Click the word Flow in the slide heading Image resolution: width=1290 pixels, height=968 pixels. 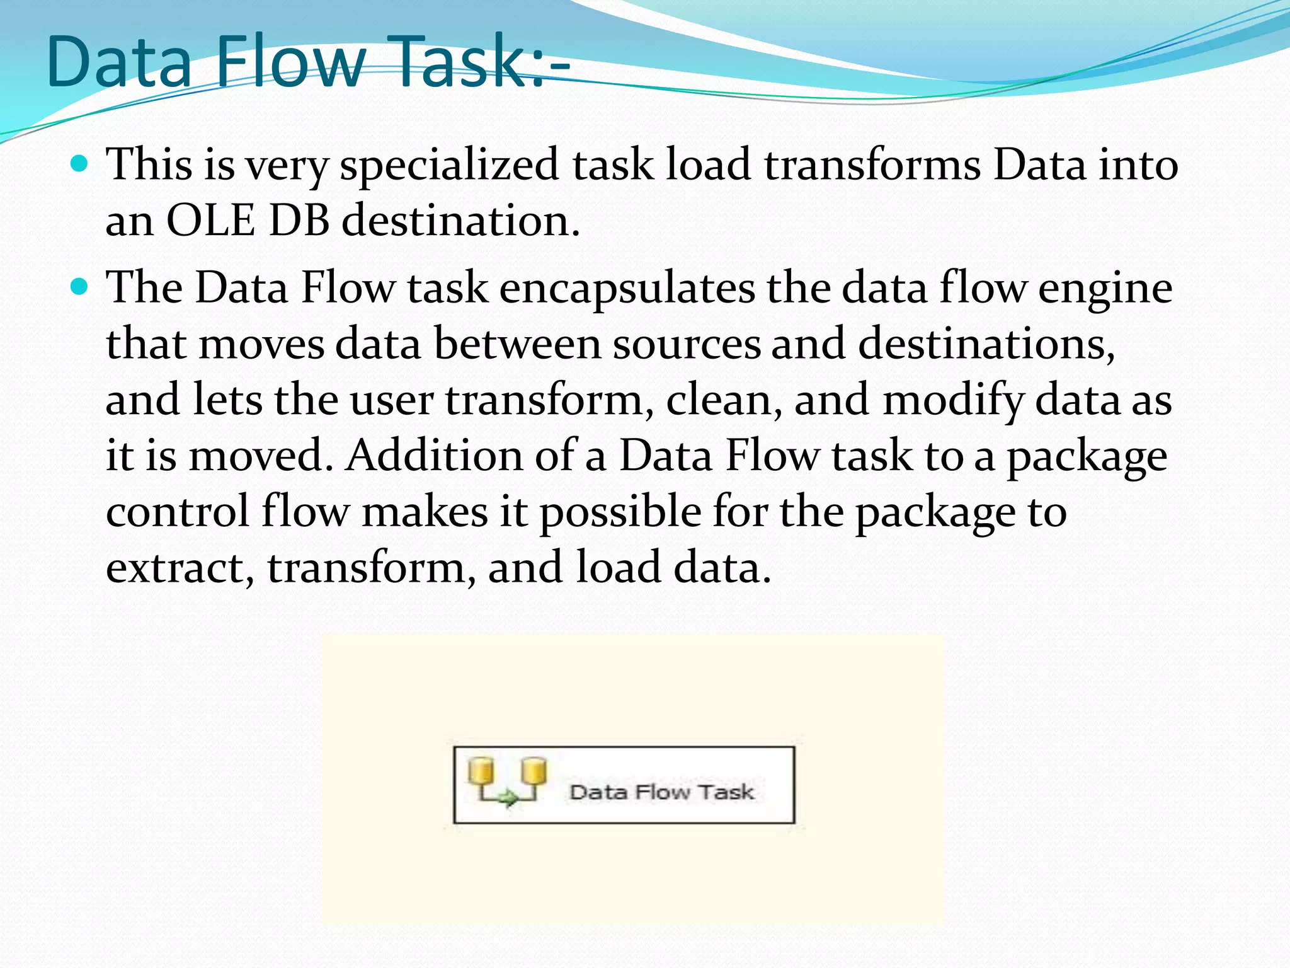tap(291, 61)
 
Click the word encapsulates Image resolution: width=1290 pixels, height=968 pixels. tap(627, 289)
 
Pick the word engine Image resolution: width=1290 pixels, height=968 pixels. tap(1105, 289)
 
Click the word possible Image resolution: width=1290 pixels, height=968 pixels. tap(620, 511)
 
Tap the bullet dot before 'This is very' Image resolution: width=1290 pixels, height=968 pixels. tap(79, 164)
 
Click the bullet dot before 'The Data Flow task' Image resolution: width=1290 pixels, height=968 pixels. tap(79, 288)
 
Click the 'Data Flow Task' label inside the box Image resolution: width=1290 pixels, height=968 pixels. tap(661, 792)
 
